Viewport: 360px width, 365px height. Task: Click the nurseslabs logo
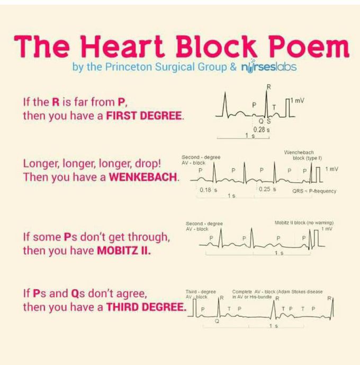click(269, 67)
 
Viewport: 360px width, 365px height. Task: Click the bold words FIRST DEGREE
click(144, 115)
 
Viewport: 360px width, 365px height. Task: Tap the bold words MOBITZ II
click(124, 251)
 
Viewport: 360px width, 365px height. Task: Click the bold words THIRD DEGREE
click(146, 307)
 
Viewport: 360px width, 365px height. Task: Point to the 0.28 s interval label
click(262, 129)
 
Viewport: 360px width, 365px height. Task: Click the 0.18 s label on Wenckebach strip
click(209, 190)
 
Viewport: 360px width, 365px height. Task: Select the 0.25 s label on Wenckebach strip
click(267, 189)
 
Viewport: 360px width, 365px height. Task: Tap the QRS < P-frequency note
click(314, 191)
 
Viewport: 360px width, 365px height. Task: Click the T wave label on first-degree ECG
click(274, 108)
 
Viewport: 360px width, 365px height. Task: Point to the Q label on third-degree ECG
click(217, 321)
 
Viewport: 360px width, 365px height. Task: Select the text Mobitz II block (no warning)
click(304, 223)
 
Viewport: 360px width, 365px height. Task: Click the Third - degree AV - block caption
click(201, 294)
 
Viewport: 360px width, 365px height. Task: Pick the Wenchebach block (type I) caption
click(303, 155)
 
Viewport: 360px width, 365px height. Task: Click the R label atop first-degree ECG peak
click(268, 87)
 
